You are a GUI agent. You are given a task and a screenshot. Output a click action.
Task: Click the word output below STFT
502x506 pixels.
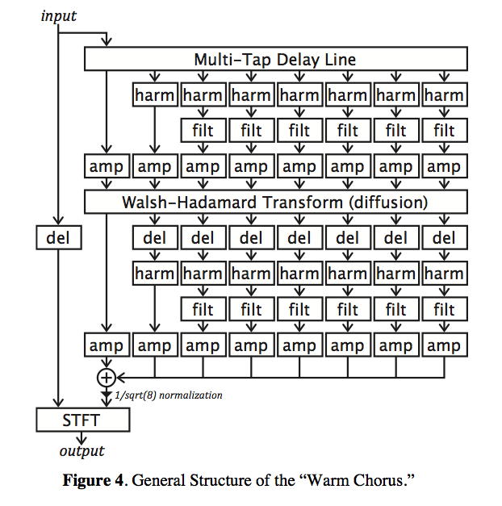pos(82,450)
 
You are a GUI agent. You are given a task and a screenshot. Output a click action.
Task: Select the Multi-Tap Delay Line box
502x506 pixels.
pos(275,60)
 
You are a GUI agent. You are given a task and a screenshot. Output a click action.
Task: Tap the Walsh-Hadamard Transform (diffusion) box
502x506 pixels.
pos(275,202)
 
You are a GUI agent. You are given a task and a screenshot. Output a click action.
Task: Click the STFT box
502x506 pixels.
pos(82,420)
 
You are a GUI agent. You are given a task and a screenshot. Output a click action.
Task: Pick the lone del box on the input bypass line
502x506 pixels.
pos(58,238)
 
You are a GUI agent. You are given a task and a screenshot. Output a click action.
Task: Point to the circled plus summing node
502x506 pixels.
pos(106,377)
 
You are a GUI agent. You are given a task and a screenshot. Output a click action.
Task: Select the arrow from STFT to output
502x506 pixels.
pos(82,437)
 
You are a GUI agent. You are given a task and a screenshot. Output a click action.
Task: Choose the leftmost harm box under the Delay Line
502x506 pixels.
pos(154,95)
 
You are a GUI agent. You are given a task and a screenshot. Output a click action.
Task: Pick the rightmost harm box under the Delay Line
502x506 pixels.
pos(444,95)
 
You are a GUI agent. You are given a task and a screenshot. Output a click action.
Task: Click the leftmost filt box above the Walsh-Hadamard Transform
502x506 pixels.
pos(203,131)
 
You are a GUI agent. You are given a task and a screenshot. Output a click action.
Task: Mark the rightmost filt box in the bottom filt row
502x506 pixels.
pos(444,310)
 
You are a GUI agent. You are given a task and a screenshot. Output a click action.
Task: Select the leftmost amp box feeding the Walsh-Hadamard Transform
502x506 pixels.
pos(106,167)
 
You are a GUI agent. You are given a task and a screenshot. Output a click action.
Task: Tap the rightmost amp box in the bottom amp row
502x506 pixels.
pos(444,346)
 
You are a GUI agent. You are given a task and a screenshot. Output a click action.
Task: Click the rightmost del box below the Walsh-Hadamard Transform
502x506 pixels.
pos(444,238)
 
